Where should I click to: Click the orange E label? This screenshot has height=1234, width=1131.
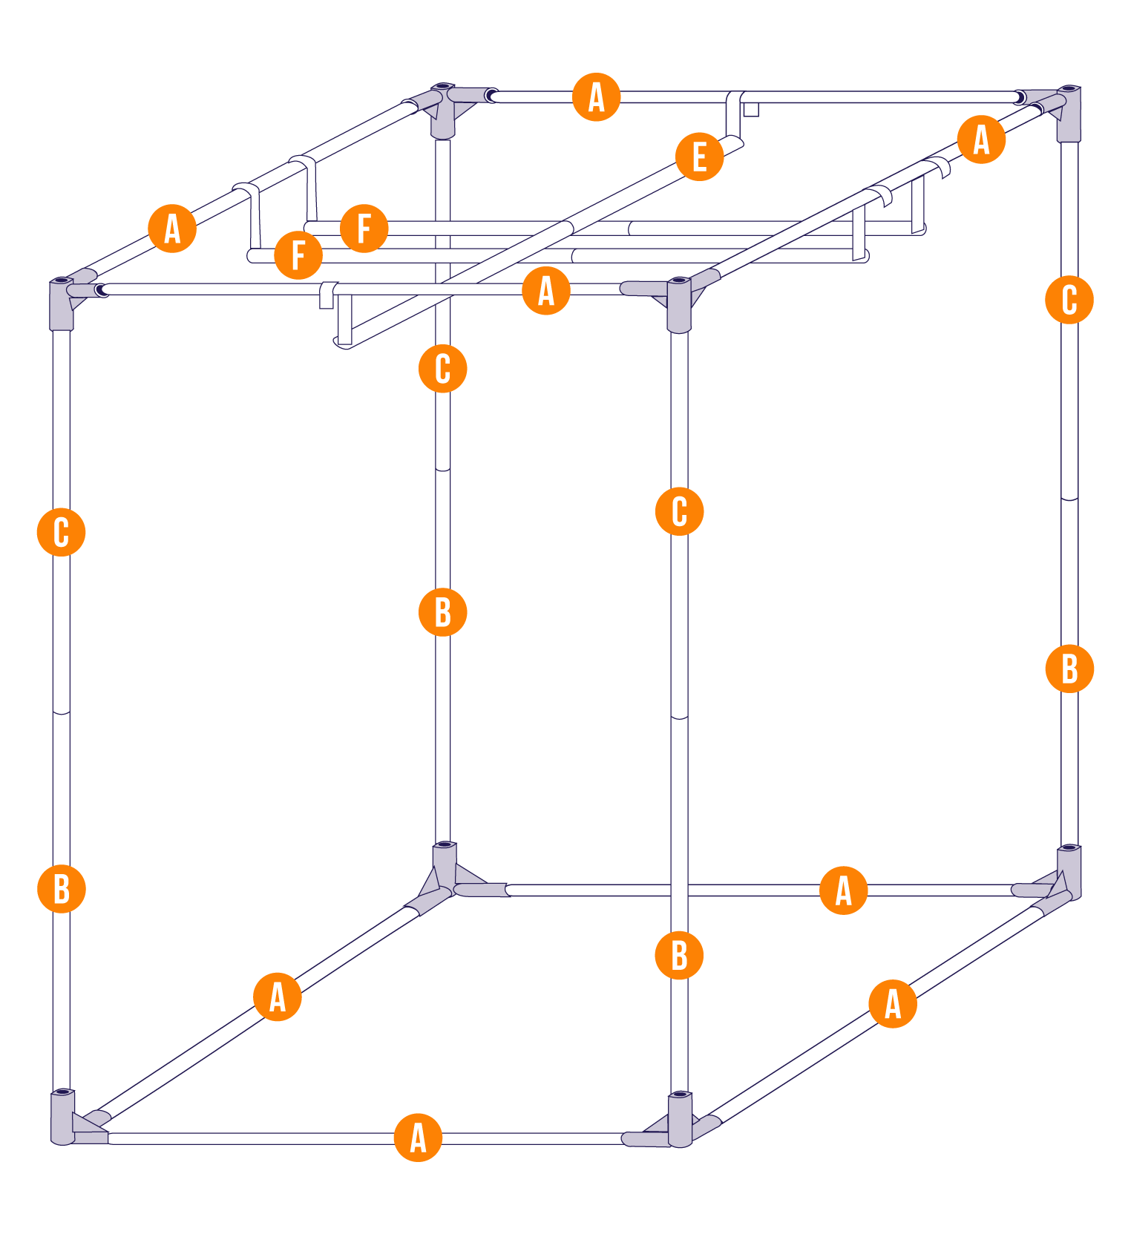699,157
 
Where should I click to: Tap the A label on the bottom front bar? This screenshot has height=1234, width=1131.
418,1137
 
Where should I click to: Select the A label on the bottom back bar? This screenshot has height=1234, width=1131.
844,890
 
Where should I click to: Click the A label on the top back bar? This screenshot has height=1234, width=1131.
597,96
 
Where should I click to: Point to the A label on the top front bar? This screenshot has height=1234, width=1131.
546,290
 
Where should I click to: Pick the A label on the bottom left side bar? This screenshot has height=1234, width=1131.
278,997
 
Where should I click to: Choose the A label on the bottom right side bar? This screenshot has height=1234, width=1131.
893,1003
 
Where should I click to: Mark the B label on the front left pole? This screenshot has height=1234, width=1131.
62,888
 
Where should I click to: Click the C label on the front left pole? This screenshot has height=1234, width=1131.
62,532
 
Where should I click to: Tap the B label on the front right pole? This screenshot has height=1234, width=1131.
679,955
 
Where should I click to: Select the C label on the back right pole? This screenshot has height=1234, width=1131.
1069,300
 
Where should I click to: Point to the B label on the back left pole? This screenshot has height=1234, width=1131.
443,612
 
